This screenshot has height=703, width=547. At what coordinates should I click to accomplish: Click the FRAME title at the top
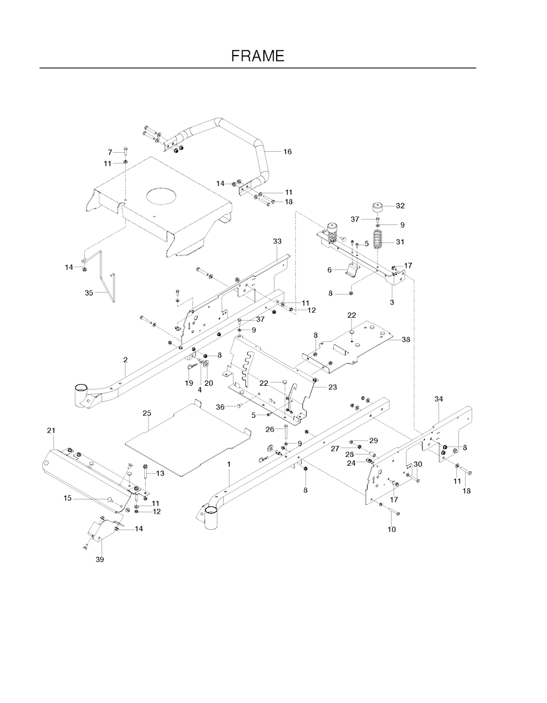click(257, 56)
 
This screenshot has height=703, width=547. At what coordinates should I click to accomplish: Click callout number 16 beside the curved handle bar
click(287, 151)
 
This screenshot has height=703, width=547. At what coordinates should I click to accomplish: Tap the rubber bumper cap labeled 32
click(378, 207)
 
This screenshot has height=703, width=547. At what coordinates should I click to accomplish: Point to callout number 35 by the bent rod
click(89, 293)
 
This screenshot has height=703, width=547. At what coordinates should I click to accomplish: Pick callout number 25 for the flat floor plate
click(147, 413)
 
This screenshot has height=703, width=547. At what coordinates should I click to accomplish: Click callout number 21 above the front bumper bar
click(51, 430)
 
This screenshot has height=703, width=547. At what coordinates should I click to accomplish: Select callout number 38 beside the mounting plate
click(405, 339)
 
